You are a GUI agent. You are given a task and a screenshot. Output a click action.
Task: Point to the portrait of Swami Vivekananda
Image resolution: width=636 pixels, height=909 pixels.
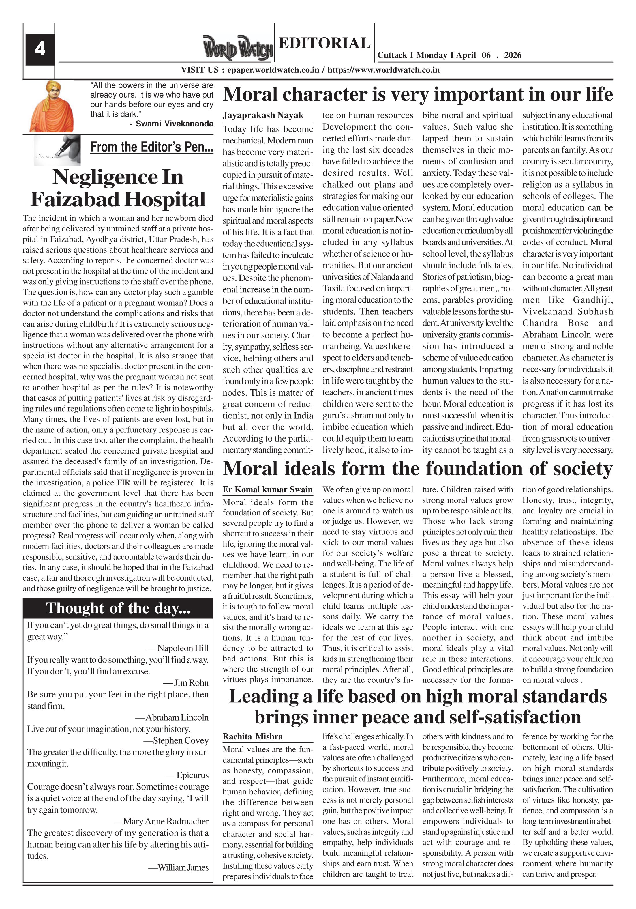(x=51, y=106)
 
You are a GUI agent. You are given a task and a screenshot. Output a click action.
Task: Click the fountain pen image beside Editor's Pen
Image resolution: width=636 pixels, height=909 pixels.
(x=58, y=150)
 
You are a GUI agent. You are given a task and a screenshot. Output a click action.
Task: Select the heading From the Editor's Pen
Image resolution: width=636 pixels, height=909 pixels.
(x=152, y=147)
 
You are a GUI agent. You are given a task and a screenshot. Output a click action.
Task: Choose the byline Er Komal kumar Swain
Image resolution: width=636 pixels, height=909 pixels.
(x=268, y=490)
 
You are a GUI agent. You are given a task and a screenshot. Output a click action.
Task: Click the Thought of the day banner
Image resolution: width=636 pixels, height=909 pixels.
(x=118, y=608)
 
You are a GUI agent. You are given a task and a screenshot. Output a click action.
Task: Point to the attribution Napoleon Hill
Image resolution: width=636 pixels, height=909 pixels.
(x=183, y=648)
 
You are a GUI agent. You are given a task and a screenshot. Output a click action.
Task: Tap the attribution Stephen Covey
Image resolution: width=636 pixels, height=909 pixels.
(x=181, y=741)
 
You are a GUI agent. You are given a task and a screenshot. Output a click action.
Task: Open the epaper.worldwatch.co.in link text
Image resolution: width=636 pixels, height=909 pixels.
(x=273, y=70)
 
